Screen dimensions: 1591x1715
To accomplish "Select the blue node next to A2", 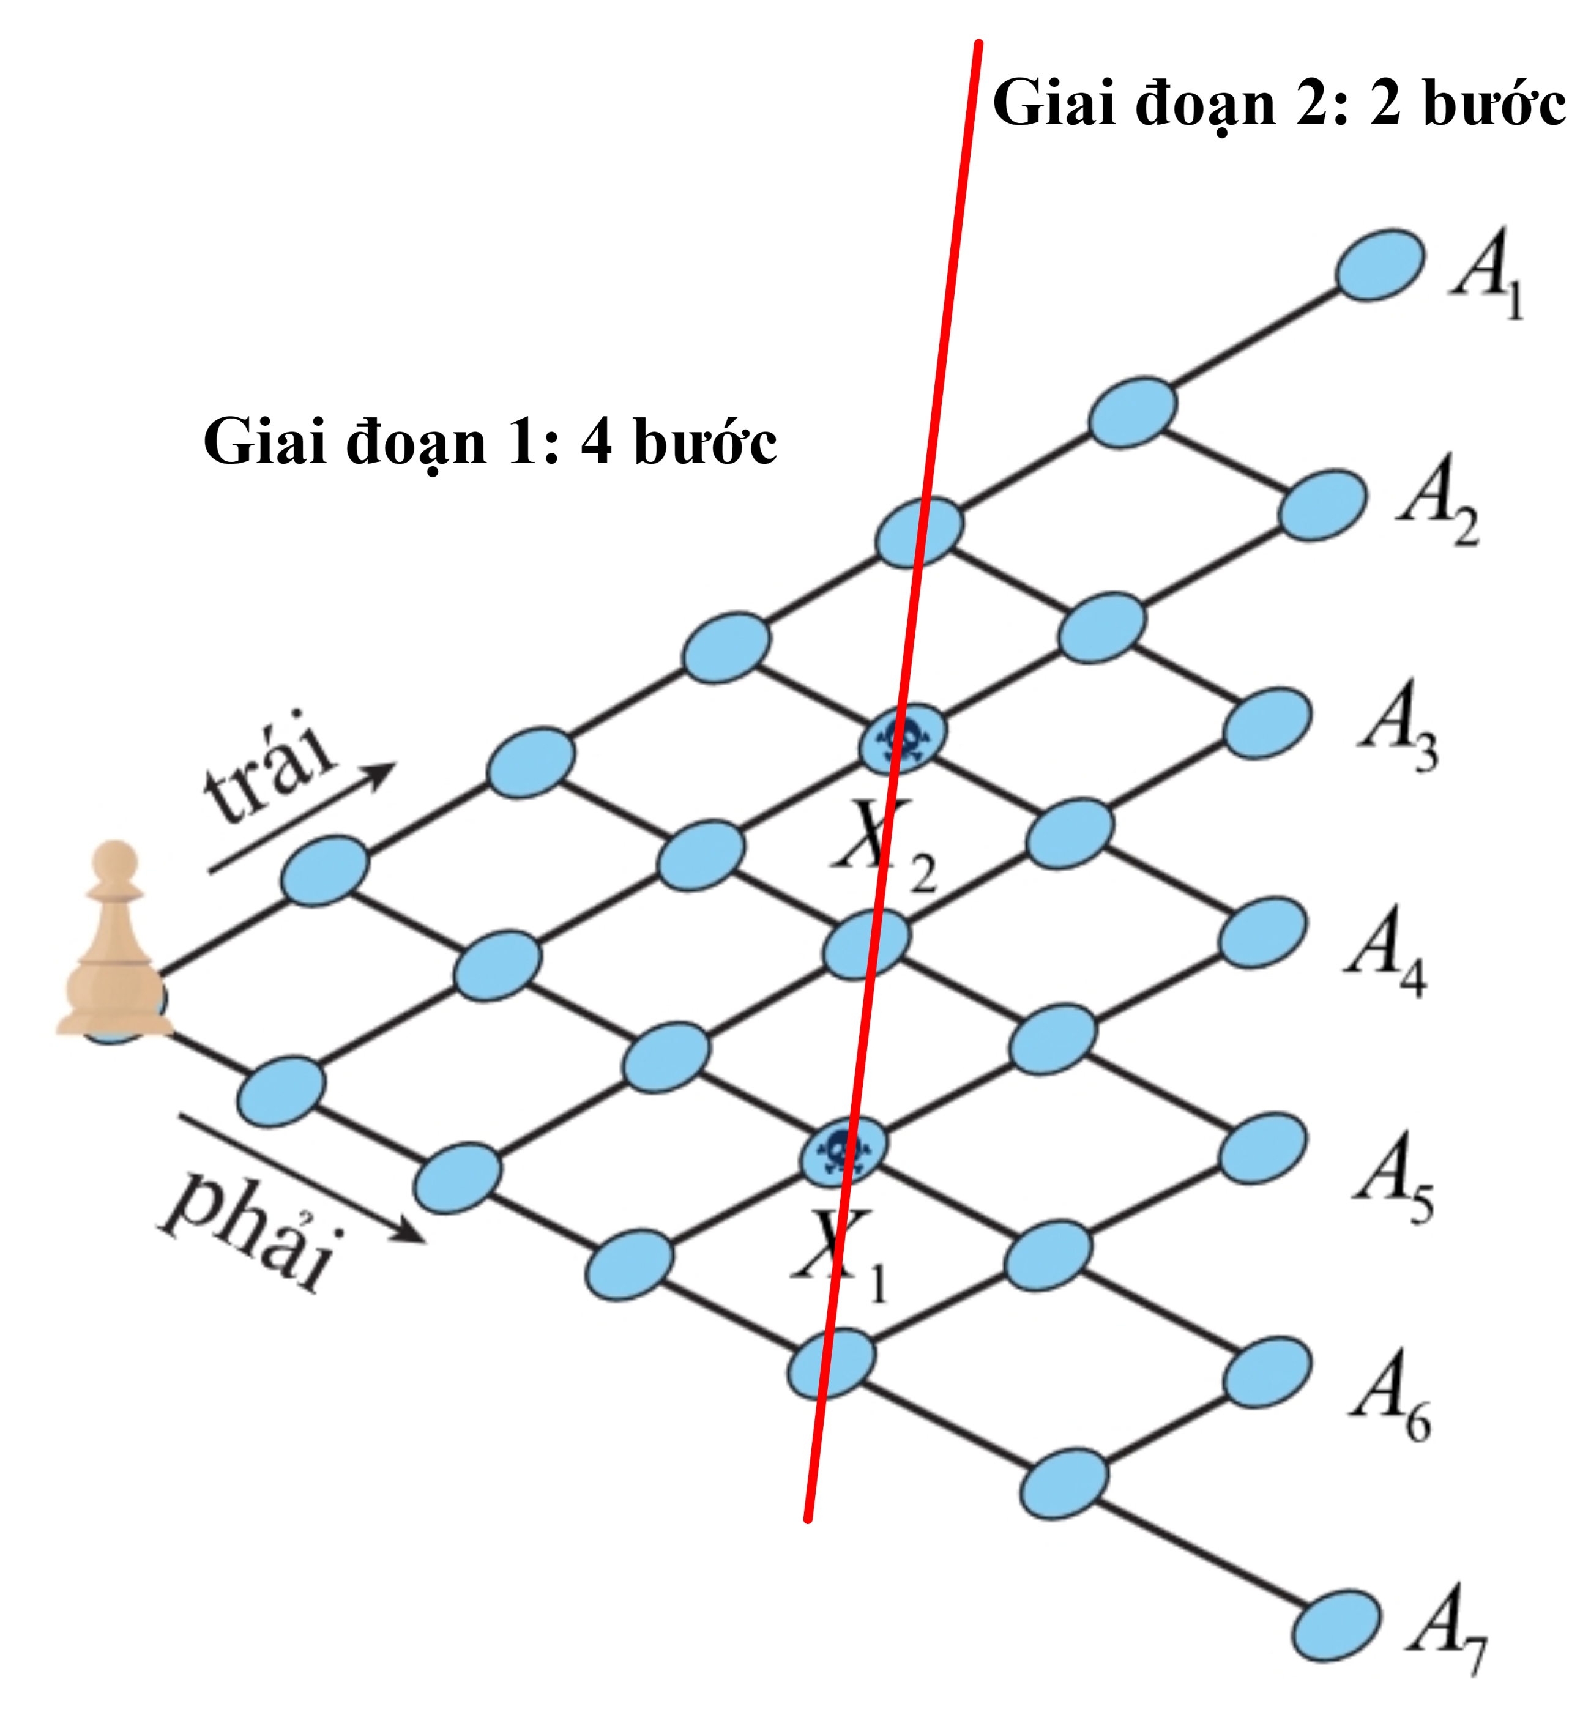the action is [x=1322, y=505].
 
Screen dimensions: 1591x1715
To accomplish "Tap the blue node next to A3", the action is [x=1267, y=723].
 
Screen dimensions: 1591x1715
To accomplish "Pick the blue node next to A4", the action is [x=1263, y=933].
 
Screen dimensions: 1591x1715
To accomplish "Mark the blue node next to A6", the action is [x=1267, y=1372].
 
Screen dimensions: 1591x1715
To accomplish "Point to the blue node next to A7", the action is [x=1337, y=1624].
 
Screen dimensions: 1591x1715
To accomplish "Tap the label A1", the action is [x=1487, y=273].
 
